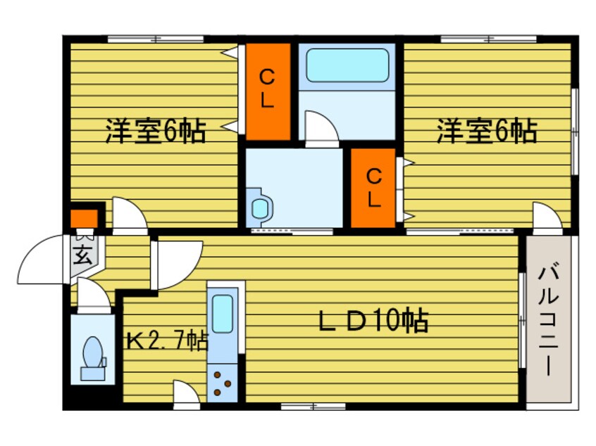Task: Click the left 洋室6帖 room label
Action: tap(156, 132)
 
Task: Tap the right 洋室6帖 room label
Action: tap(485, 132)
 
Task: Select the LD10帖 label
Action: tap(373, 321)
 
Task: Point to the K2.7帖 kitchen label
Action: tap(167, 342)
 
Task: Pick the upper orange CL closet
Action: tap(268, 91)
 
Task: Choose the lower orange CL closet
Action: tap(373, 188)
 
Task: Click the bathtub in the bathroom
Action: tap(347, 65)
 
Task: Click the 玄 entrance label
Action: tap(84, 253)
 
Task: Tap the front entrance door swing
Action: tap(44, 260)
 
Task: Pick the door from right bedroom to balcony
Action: tap(547, 215)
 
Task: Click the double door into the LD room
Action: tap(175, 264)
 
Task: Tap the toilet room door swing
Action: tap(92, 296)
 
